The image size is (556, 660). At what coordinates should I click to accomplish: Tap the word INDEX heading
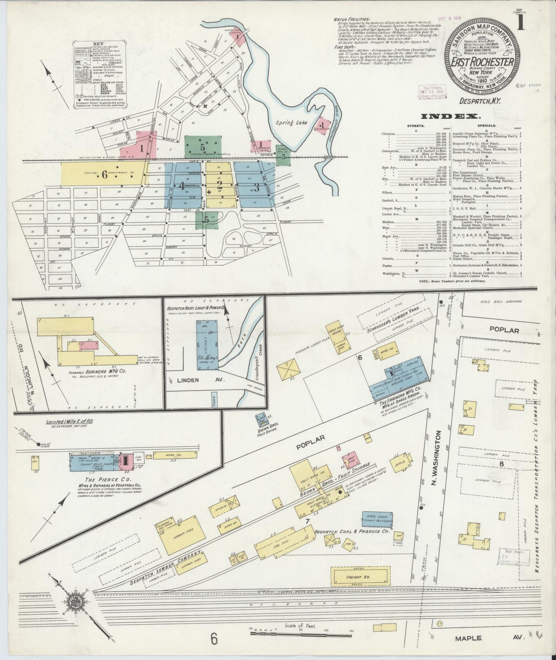pyautogui.click(x=450, y=116)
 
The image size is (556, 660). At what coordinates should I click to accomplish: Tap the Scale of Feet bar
pyautogui.click(x=301, y=631)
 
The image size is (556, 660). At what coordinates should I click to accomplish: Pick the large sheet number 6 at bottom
pyautogui.click(x=214, y=639)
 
